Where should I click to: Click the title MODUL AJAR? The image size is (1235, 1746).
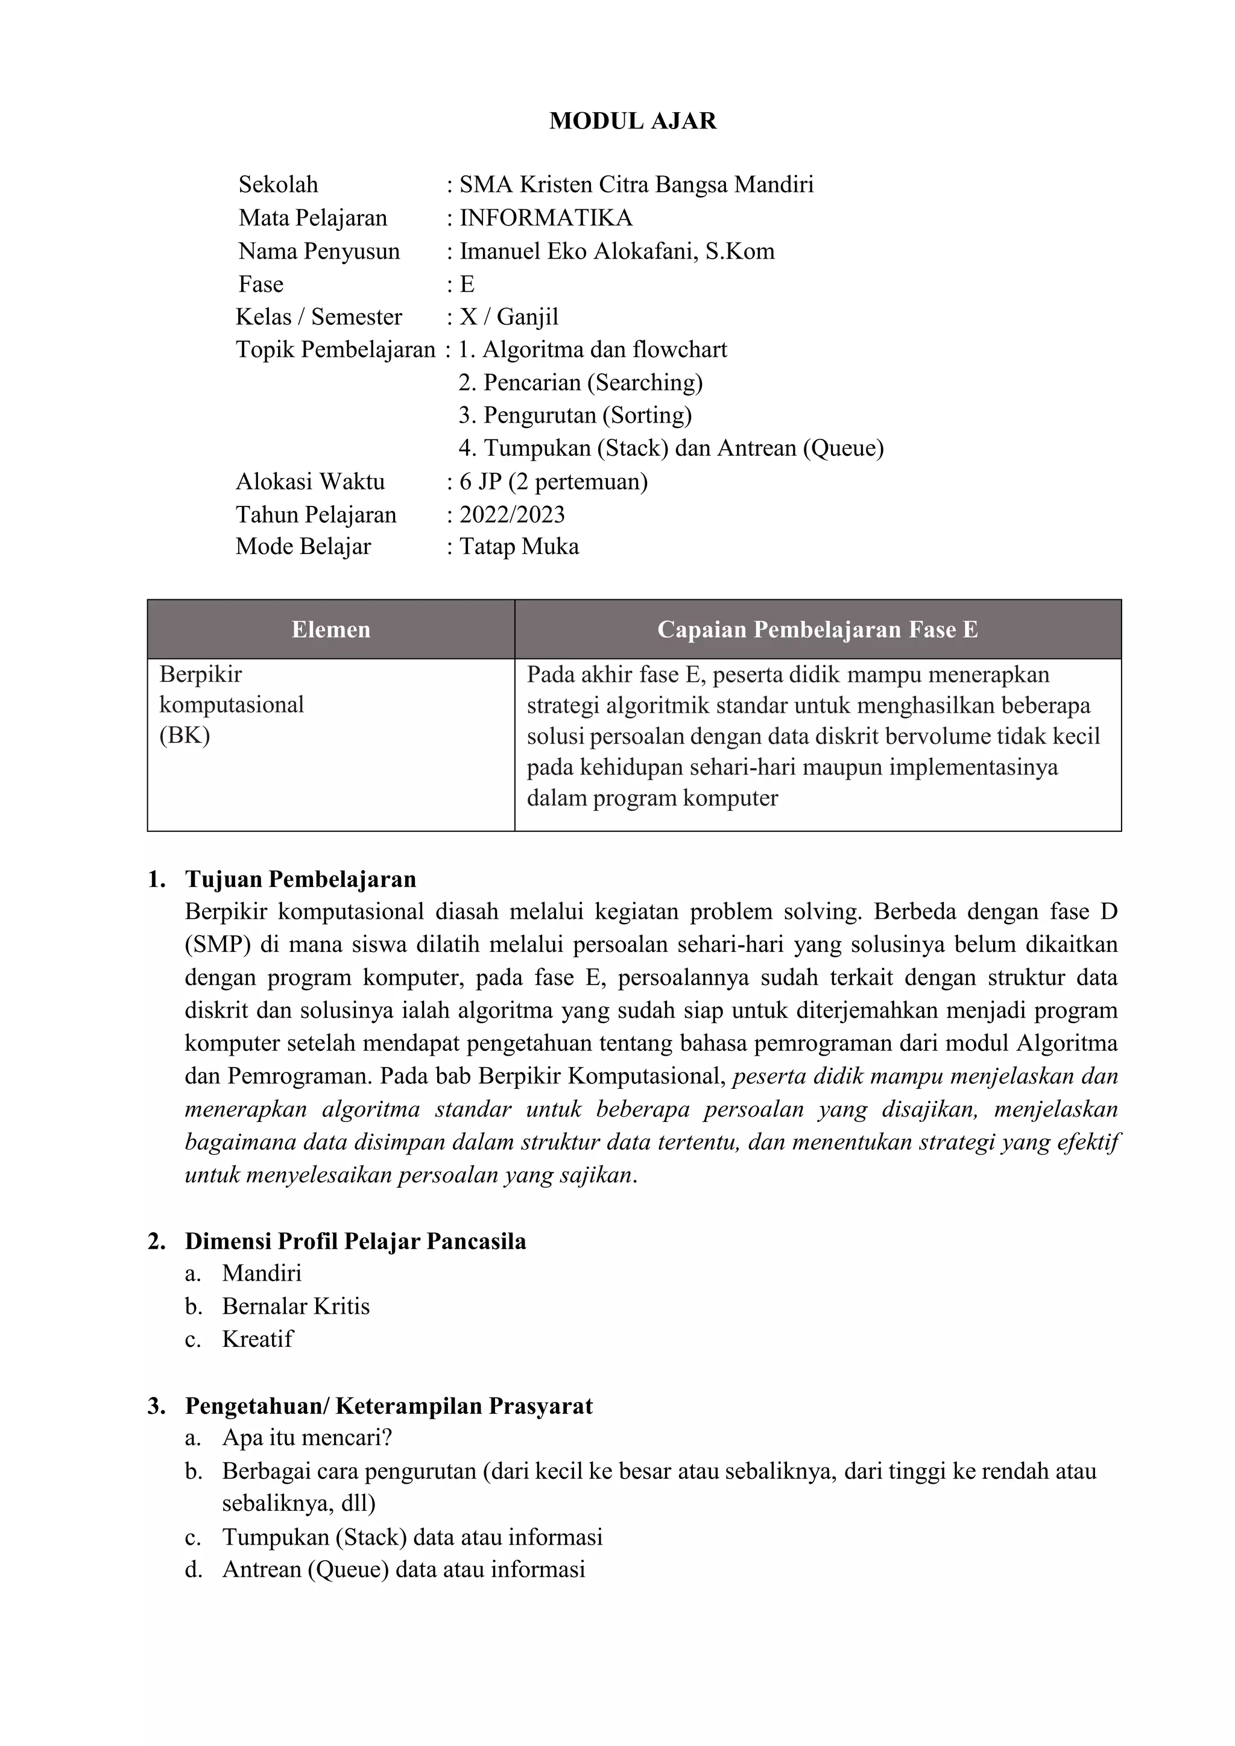[x=633, y=121]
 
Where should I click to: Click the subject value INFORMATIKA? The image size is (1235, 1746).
[x=545, y=218]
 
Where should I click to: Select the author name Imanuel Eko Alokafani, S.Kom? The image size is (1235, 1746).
[x=617, y=251]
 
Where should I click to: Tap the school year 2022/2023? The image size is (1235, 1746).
[x=512, y=515]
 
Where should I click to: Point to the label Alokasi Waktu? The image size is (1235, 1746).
[x=311, y=481]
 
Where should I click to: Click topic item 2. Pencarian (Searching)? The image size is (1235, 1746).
[x=580, y=382]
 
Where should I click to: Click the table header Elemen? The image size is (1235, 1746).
[x=331, y=629]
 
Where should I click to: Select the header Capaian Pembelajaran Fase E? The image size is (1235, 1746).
[x=818, y=629]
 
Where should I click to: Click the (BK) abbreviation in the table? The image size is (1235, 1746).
[x=185, y=736]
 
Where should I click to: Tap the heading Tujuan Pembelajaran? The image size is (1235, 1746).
[x=300, y=879]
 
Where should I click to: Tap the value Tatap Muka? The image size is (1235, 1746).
[x=519, y=547]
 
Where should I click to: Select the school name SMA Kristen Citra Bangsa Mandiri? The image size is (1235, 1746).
[x=636, y=185]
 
